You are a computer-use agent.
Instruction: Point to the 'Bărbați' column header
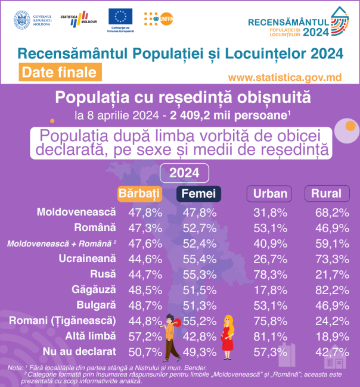[140, 193]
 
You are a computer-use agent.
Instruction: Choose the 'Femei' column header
[198, 193]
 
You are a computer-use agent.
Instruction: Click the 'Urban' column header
[271, 193]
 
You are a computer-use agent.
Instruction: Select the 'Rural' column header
[326, 193]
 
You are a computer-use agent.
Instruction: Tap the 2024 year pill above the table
[184, 173]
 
